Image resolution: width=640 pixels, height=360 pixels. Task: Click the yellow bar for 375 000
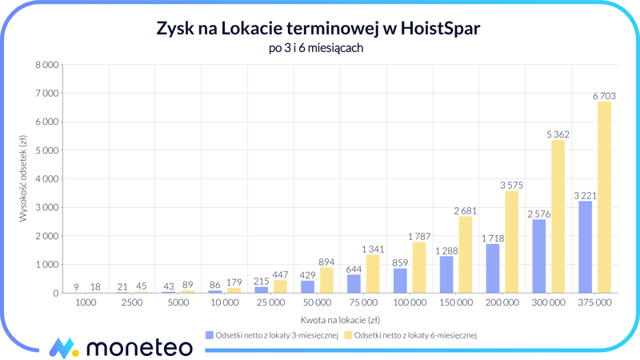pyautogui.click(x=604, y=198)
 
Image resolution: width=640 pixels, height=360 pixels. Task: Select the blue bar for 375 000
pyautogui.click(x=585, y=247)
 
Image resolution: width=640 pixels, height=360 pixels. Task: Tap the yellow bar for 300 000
pyautogui.click(x=558, y=217)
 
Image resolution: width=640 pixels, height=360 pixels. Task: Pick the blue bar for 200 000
pyautogui.click(x=492, y=269)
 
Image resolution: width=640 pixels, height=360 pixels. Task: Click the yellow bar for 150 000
pyautogui.click(x=465, y=254)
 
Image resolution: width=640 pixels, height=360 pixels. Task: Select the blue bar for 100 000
pyautogui.click(x=400, y=281)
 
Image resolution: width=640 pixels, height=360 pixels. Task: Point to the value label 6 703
pyautogui.click(x=604, y=96)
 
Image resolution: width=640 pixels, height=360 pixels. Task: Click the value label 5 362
pyautogui.click(x=558, y=134)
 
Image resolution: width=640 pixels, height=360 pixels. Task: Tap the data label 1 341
pyautogui.click(x=373, y=249)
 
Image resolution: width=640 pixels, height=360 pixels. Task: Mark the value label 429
pyautogui.click(x=307, y=274)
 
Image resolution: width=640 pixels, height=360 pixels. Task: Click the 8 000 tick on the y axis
pyautogui.click(x=45, y=65)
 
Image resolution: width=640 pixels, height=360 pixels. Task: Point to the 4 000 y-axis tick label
pyautogui.click(x=45, y=179)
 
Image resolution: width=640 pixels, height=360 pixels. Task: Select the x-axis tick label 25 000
pyautogui.click(x=270, y=303)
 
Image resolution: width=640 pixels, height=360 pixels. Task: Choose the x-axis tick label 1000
pyautogui.click(x=86, y=303)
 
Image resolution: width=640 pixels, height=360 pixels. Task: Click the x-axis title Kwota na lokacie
pyautogui.click(x=340, y=319)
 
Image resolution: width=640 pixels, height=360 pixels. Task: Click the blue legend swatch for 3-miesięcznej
pyautogui.click(x=210, y=335)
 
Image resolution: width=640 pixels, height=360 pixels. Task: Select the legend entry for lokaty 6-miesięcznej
pyautogui.click(x=414, y=335)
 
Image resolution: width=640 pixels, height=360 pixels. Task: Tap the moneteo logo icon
pyautogui.click(x=64, y=347)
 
